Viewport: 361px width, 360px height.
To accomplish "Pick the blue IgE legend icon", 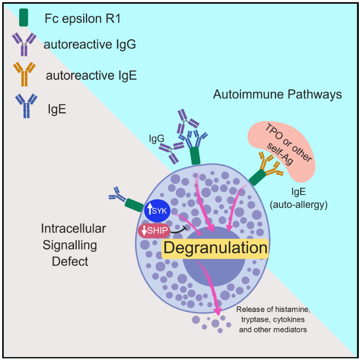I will pyautogui.click(x=24, y=105).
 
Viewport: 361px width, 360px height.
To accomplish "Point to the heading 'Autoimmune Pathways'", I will pyautogui.click(x=277, y=95).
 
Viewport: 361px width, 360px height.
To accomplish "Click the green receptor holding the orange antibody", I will pyautogui.click(x=256, y=176).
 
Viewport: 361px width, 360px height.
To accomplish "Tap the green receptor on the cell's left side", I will pyautogui.click(x=133, y=205).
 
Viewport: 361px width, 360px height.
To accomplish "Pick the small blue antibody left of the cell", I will pyautogui.click(x=117, y=194).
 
